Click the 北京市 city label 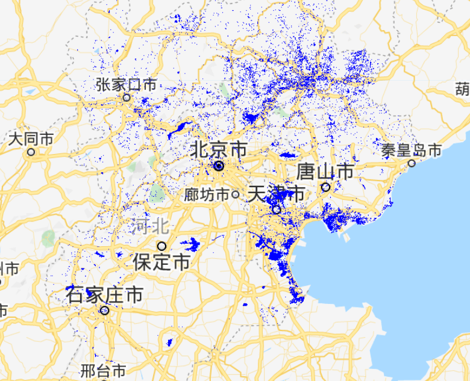(x=219, y=149)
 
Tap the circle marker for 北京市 (x=219, y=166)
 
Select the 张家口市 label (x=126, y=84)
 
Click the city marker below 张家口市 (x=127, y=98)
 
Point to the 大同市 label (x=31, y=139)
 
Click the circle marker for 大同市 (x=31, y=152)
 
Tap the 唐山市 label (x=325, y=172)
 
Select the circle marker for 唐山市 (x=325, y=187)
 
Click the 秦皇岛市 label (x=412, y=150)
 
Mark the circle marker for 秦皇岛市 (x=412, y=163)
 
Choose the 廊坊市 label (x=207, y=194)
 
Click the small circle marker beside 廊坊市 (x=234, y=194)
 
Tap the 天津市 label (x=276, y=194)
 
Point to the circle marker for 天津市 (x=276, y=209)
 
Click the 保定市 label (x=161, y=262)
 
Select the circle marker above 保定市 (x=161, y=246)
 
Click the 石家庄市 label (x=105, y=295)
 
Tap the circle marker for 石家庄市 (x=105, y=311)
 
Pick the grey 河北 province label (x=148, y=226)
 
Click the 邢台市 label (x=103, y=369)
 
